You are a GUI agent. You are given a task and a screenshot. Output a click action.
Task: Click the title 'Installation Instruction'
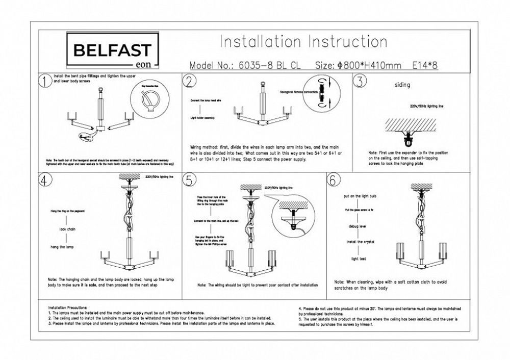point(303,42)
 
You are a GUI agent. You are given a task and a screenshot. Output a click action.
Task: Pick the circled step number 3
point(360,82)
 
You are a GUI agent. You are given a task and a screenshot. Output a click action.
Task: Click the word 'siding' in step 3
point(402,85)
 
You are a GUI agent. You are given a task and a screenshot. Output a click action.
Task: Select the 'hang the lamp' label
point(63,247)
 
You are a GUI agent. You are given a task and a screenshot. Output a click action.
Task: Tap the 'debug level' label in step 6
point(358,225)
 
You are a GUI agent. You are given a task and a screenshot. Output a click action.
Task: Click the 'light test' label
point(359,259)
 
